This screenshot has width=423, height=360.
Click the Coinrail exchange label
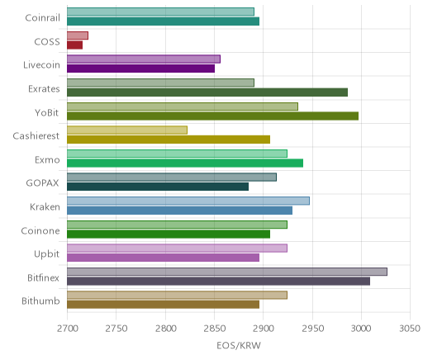click(x=42, y=18)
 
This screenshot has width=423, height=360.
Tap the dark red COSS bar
click(x=74, y=45)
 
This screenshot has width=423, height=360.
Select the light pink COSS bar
click(x=78, y=36)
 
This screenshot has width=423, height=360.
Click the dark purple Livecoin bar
click(x=140, y=69)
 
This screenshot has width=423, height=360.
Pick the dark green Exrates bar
click(x=207, y=92)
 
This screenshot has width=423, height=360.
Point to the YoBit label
click(x=47, y=113)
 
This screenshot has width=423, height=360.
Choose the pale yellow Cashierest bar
click(x=127, y=130)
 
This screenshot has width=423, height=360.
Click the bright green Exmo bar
click(x=185, y=163)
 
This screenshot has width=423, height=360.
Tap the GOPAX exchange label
click(x=42, y=183)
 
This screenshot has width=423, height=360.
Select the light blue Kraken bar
click(x=188, y=201)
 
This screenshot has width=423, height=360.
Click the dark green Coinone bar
click(x=169, y=234)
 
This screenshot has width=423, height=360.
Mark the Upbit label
click(x=46, y=254)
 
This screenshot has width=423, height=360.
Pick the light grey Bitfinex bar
click(x=227, y=272)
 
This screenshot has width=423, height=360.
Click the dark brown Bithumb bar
click(x=163, y=305)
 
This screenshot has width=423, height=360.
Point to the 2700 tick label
click(x=68, y=329)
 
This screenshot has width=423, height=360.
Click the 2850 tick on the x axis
click(x=214, y=329)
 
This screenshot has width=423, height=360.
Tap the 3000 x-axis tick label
click(x=361, y=329)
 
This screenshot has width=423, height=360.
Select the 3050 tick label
click(x=410, y=329)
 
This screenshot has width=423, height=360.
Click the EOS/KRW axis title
click(x=239, y=346)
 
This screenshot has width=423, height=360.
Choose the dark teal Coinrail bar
click(x=163, y=21)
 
